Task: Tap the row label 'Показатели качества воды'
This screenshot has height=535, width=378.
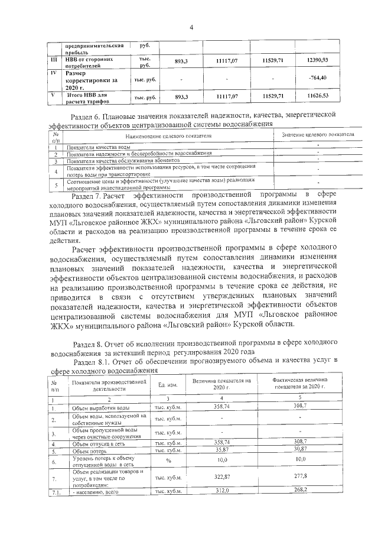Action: pyautogui.click(x=99, y=146)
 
